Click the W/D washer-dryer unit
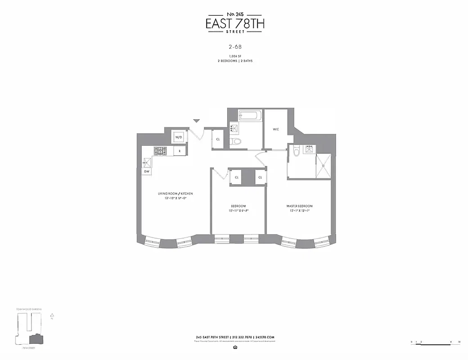pos(178,137)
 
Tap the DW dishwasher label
pos(147,171)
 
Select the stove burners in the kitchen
pos(160,151)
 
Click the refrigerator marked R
pos(179,152)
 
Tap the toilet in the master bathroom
pos(296,152)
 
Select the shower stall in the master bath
pos(323,166)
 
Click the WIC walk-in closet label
pos(276,129)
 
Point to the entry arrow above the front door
pos(197,121)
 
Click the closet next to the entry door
pos(218,139)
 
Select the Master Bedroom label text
pos(299,206)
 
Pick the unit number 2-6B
pos(234,45)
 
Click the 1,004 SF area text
pos(234,55)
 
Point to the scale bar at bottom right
pos(435,342)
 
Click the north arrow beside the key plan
pos(52,315)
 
